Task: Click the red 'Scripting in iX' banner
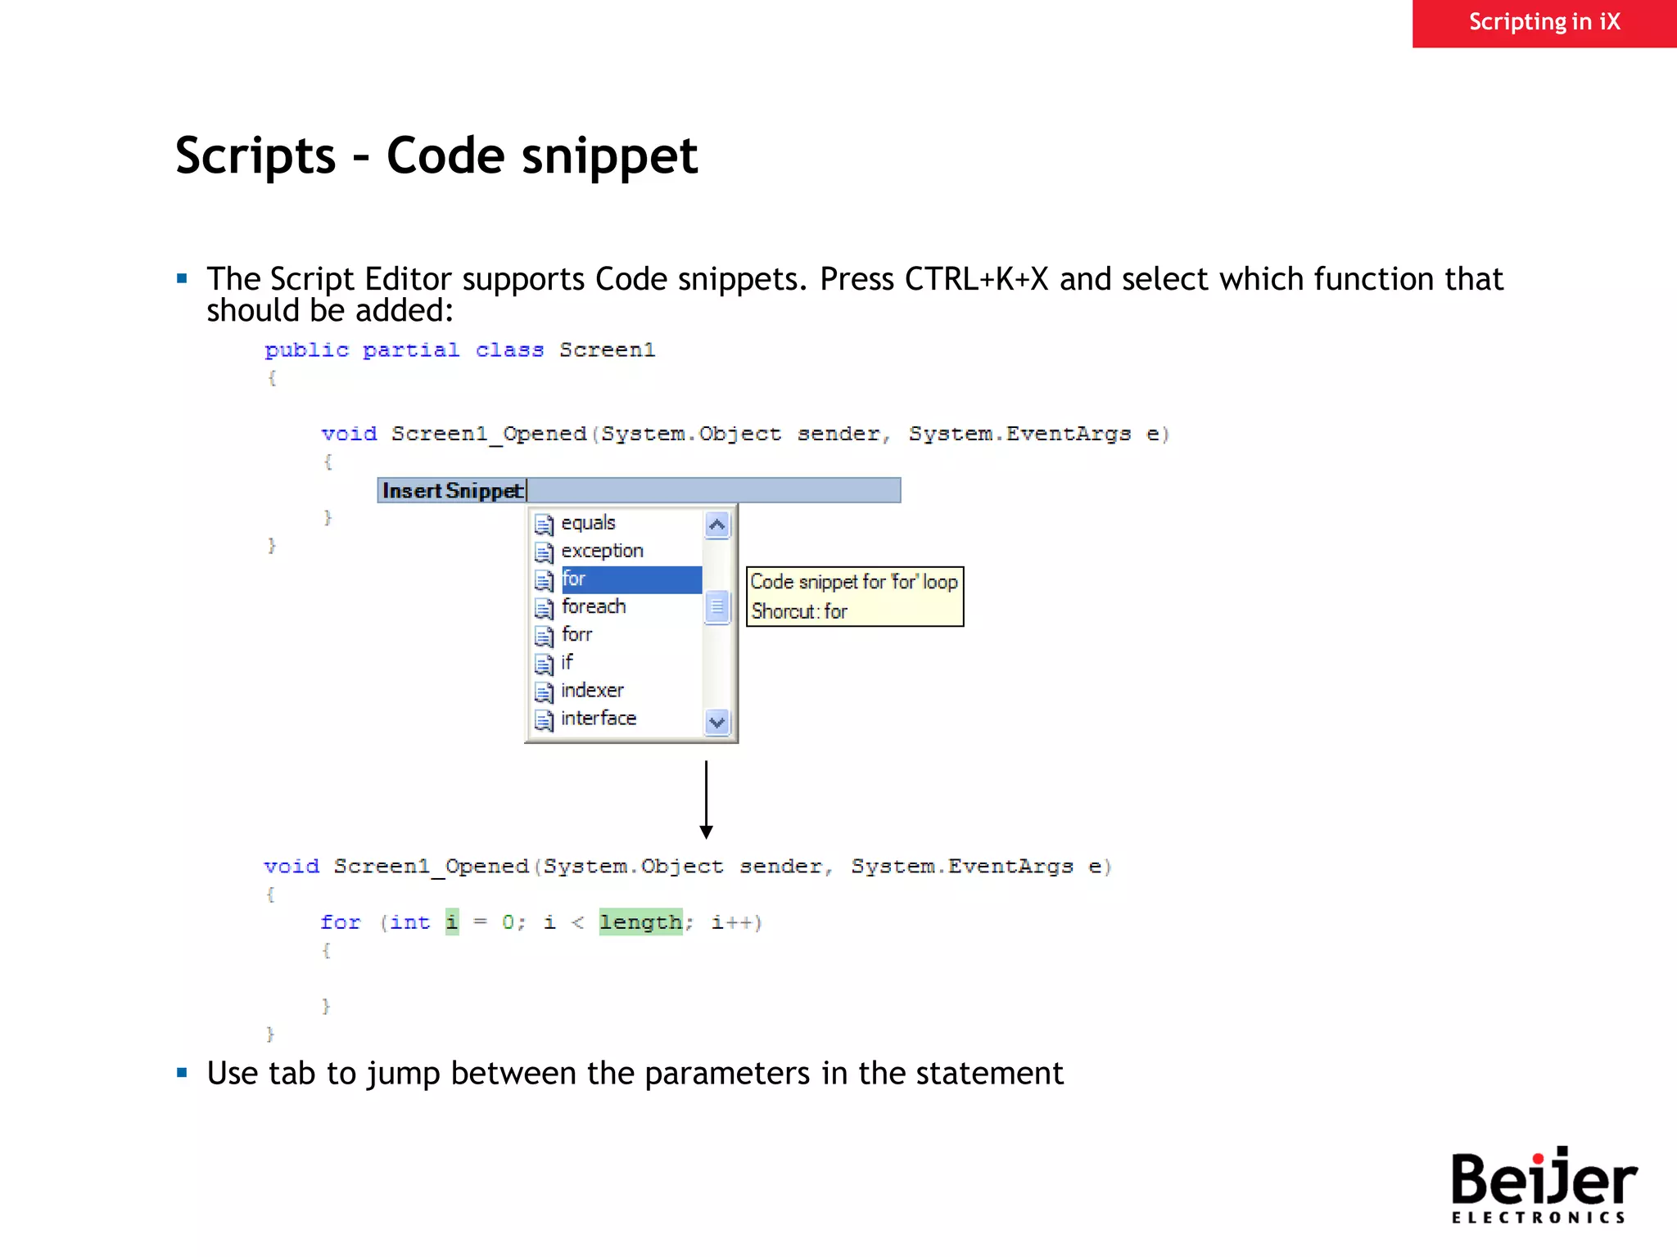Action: point(1544,22)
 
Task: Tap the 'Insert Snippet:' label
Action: point(453,490)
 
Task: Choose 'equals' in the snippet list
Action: point(588,523)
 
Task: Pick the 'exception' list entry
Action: point(602,551)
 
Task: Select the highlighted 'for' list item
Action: point(574,579)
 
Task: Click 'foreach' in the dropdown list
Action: point(594,607)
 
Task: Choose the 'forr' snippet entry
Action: point(576,635)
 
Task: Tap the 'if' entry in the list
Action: point(567,662)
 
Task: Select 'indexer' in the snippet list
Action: point(592,691)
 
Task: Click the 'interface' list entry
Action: point(599,719)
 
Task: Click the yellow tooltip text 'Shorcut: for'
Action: point(799,611)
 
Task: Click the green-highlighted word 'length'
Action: point(640,922)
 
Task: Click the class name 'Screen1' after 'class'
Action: point(607,350)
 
